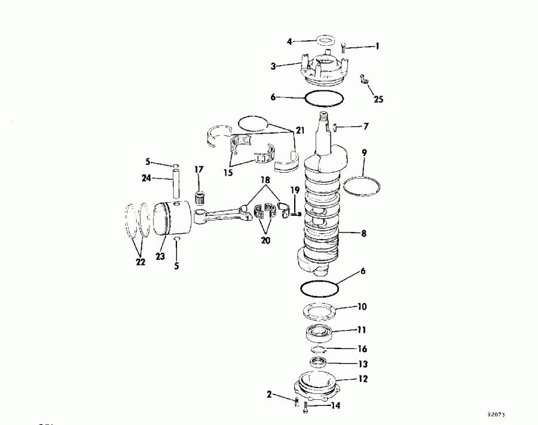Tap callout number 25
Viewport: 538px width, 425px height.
[377, 98]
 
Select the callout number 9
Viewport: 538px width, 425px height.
[364, 152]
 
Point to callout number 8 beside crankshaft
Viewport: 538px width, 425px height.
[364, 234]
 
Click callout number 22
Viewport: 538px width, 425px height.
[140, 262]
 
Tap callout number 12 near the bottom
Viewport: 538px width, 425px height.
[363, 378]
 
